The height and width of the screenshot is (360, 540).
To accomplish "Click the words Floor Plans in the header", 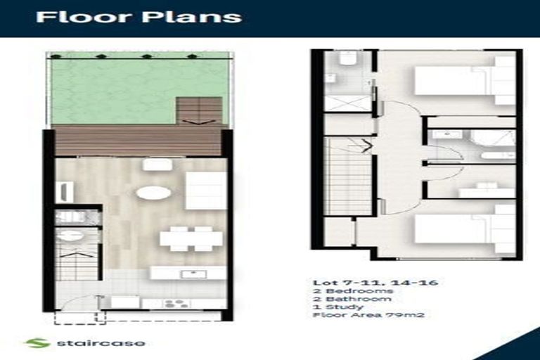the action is (x=139, y=17).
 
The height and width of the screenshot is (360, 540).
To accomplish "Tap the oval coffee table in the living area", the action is (x=153, y=193).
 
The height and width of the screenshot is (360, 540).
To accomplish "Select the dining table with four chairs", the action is (x=191, y=238).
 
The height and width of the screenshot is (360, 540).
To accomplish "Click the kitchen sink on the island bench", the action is (x=194, y=274).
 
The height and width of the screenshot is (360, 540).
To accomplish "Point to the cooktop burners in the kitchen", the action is (x=176, y=304).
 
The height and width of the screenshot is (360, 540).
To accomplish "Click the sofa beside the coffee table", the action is (x=206, y=190).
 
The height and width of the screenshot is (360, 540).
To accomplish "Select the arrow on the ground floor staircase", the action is (x=78, y=255).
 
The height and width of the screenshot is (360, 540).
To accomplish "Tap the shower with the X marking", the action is (x=348, y=103).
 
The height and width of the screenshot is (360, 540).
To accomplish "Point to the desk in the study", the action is (x=487, y=191).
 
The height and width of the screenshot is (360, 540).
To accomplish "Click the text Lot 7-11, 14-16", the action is (x=375, y=283).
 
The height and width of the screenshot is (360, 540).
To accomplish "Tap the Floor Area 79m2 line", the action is (x=369, y=314).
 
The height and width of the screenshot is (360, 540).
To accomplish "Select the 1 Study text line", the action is (x=337, y=307).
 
